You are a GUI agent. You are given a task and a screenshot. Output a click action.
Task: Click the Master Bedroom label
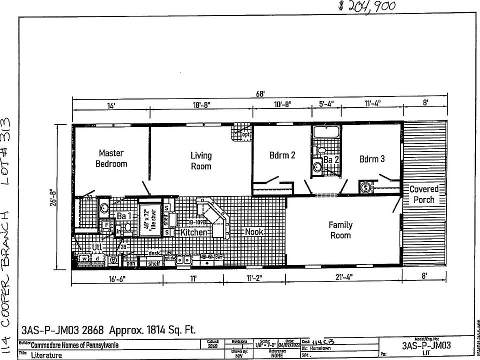point(111,158)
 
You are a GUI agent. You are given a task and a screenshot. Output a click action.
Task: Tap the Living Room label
point(201,160)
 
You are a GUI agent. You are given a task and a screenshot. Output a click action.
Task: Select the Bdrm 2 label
point(282,155)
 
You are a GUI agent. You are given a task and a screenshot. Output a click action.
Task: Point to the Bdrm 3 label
point(372,159)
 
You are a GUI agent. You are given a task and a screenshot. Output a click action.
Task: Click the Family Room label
point(340,230)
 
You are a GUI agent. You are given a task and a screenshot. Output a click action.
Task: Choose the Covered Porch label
point(423,194)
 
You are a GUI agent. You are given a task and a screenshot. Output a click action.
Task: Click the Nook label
point(254,232)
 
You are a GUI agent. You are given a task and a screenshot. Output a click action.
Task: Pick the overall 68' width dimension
point(259,93)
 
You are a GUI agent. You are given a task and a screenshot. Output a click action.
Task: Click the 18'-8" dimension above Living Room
point(200,105)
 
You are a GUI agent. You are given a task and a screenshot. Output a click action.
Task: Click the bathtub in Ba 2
point(326,132)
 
